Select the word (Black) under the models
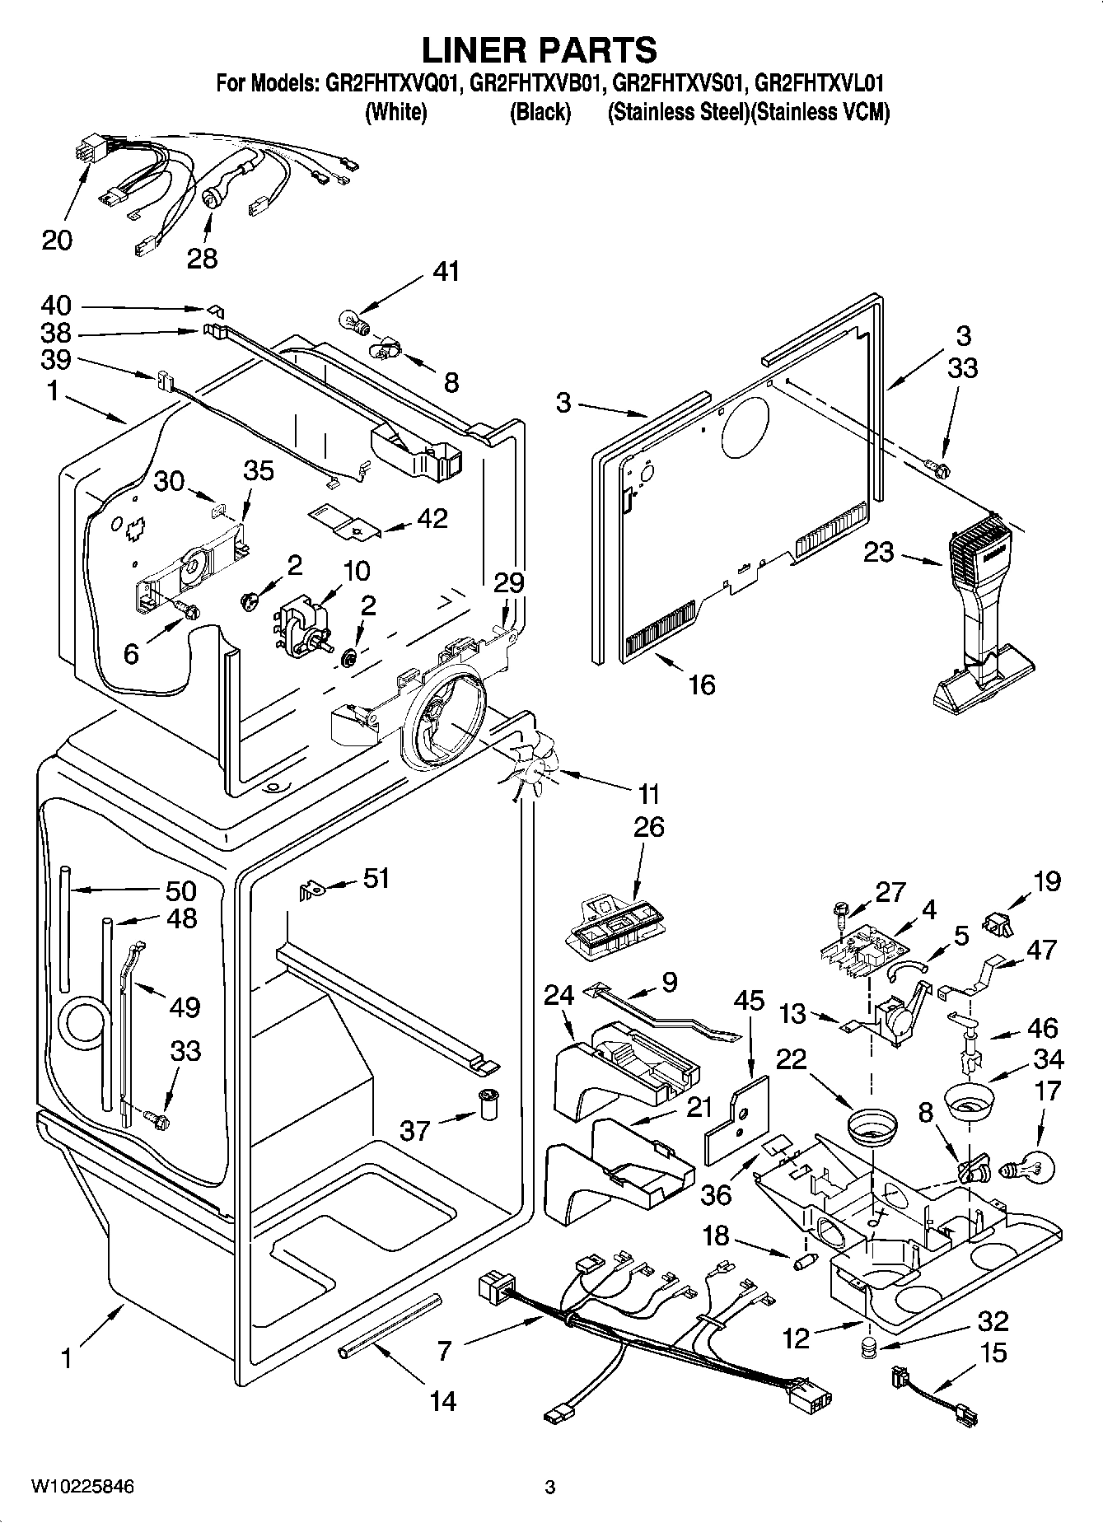(540, 112)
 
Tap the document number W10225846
(82, 1487)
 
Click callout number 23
(878, 551)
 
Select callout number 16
(702, 684)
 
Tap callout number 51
(376, 878)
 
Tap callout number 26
(648, 826)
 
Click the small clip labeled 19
(998, 924)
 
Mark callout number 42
(432, 518)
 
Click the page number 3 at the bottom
(550, 1487)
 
